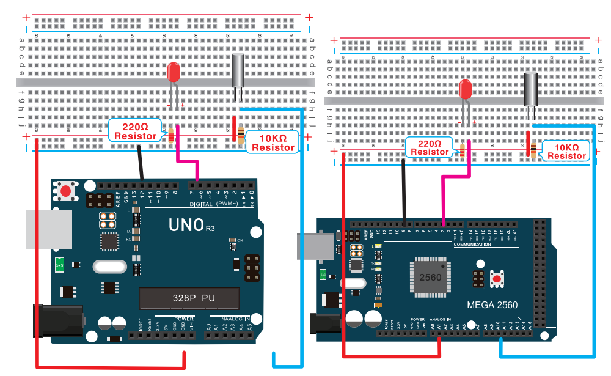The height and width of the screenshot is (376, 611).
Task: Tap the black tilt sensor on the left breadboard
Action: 238,70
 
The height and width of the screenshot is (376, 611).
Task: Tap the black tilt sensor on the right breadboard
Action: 531,89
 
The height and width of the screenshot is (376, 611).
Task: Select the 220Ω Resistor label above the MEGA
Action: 430,147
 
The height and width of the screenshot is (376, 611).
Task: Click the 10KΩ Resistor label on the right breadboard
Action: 566,151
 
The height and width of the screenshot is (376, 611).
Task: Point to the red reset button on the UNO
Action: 65,191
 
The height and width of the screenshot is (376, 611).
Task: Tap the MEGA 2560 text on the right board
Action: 492,305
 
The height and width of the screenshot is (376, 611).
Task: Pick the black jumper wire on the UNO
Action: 141,161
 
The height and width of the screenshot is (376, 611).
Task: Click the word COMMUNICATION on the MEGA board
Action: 472,245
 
